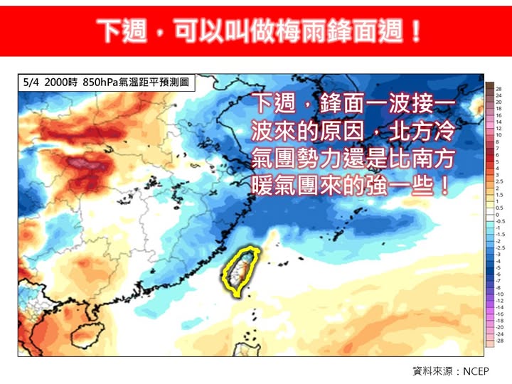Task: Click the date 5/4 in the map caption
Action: pyautogui.click(x=31, y=82)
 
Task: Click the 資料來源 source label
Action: pyautogui.click(x=431, y=370)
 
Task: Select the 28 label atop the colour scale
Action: pyautogui.click(x=499, y=88)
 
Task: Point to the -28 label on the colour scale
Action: pyautogui.click(x=499, y=341)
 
